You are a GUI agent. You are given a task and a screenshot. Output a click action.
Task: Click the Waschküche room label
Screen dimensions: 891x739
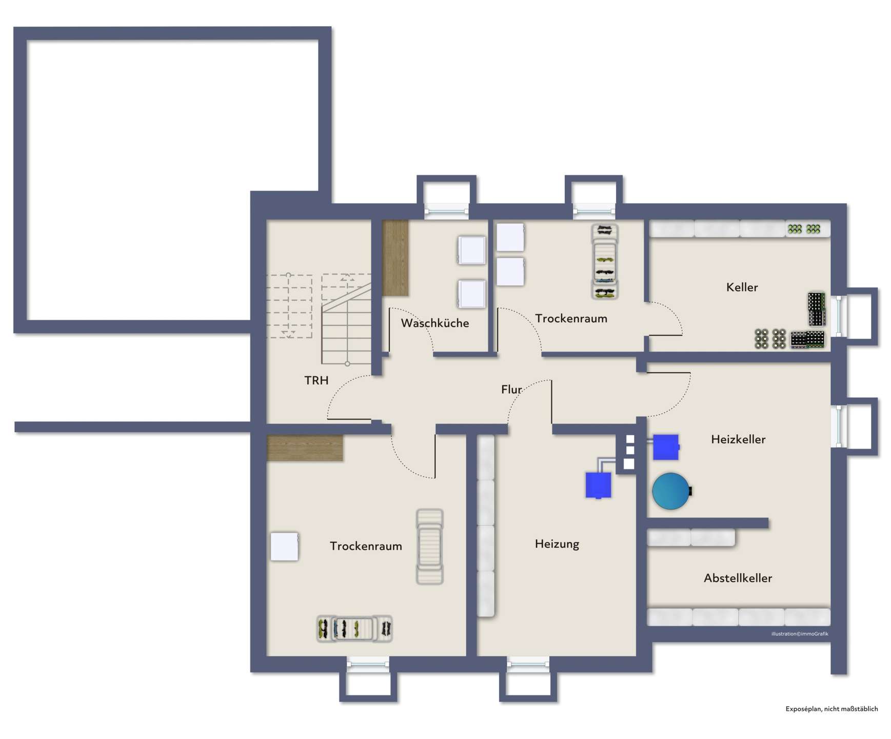(x=434, y=323)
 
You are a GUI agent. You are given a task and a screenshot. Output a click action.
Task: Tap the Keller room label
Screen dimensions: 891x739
(x=742, y=287)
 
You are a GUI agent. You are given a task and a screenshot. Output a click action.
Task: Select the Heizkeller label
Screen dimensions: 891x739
(x=738, y=439)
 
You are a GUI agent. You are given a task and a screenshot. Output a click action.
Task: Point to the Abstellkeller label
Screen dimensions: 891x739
(x=738, y=578)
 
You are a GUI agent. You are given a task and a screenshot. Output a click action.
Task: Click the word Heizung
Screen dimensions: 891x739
(x=557, y=544)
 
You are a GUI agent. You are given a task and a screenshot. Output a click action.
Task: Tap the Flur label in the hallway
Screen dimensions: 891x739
(x=511, y=390)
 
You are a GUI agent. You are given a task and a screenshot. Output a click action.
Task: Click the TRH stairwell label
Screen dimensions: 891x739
(x=316, y=380)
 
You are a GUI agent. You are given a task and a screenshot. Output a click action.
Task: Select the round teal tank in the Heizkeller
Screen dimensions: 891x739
(x=671, y=491)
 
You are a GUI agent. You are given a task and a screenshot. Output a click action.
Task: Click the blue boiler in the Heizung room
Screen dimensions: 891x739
(x=598, y=485)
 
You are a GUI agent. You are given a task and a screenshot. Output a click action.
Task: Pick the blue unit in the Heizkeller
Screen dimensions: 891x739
(x=666, y=447)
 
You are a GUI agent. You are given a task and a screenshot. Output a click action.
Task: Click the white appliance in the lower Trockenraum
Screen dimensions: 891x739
(x=284, y=547)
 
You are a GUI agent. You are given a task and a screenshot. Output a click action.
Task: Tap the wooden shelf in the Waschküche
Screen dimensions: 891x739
(x=395, y=258)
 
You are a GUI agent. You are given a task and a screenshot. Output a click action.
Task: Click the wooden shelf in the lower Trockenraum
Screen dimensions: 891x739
(x=305, y=448)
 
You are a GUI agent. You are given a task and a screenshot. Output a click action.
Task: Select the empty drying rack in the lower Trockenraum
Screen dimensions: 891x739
(x=429, y=547)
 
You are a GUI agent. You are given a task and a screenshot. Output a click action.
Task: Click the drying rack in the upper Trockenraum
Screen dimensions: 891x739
(x=604, y=262)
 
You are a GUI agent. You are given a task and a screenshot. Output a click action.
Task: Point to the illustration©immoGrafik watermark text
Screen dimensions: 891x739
(x=800, y=634)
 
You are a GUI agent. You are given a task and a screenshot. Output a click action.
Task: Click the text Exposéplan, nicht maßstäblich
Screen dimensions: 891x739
(x=831, y=709)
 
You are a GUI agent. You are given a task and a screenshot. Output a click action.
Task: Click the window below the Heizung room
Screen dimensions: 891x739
(x=528, y=664)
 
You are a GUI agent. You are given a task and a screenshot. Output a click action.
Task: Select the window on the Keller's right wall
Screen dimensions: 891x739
(x=839, y=316)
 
